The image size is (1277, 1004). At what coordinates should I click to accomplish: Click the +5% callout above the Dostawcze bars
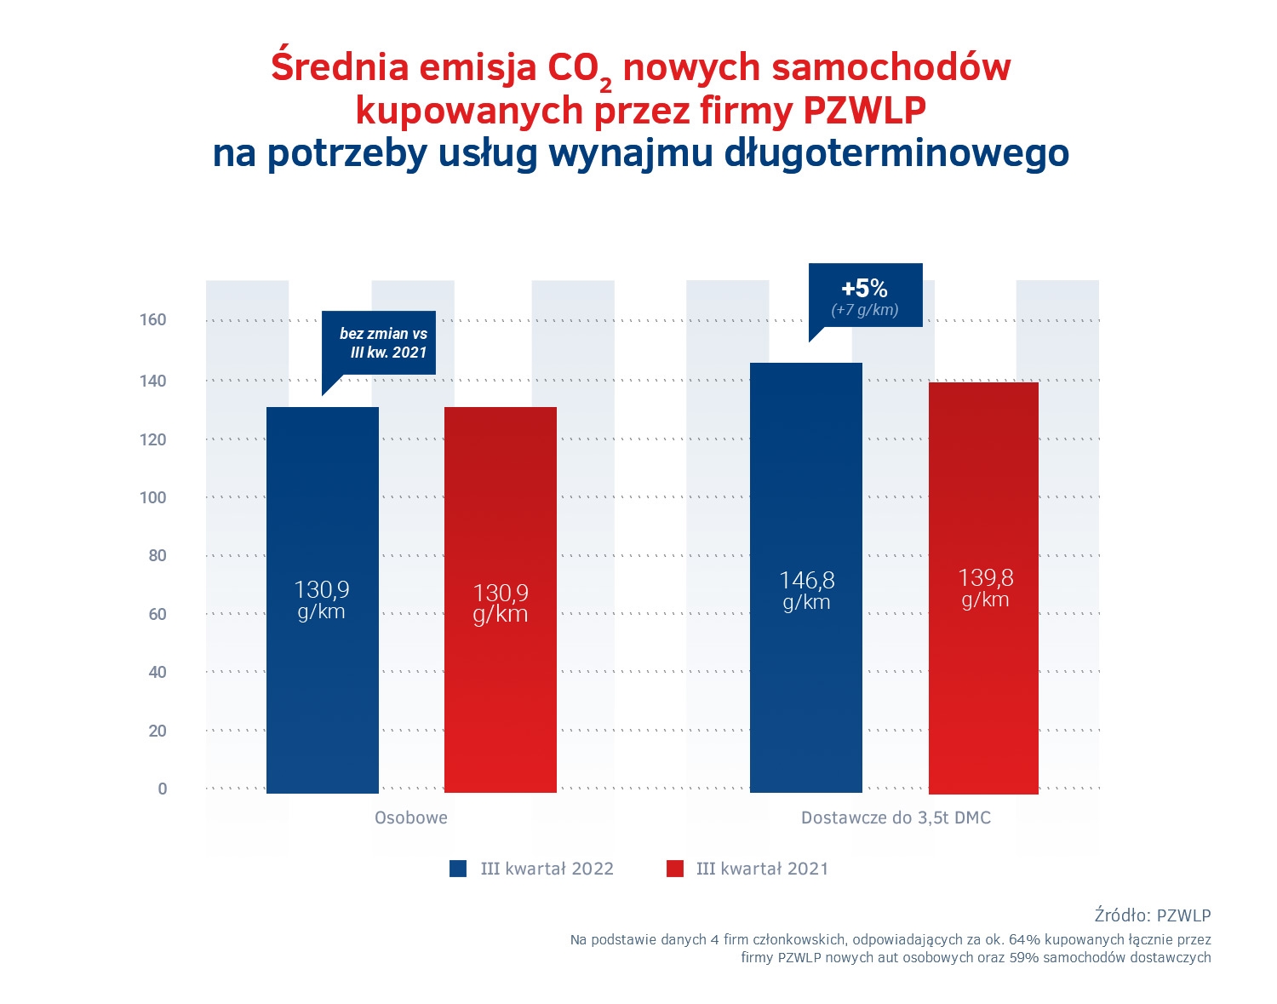[865, 295]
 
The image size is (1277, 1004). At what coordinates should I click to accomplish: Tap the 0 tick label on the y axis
[162, 789]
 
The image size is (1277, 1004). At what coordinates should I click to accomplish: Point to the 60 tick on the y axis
[157, 614]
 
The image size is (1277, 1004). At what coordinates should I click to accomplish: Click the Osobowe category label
[411, 818]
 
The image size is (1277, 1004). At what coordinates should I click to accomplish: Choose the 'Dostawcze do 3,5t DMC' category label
[896, 818]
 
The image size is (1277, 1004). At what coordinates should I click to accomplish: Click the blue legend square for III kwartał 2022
[459, 869]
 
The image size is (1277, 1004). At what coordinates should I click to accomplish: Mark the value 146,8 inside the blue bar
[806, 581]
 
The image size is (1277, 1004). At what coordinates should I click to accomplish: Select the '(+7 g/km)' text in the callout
[865, 310]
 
